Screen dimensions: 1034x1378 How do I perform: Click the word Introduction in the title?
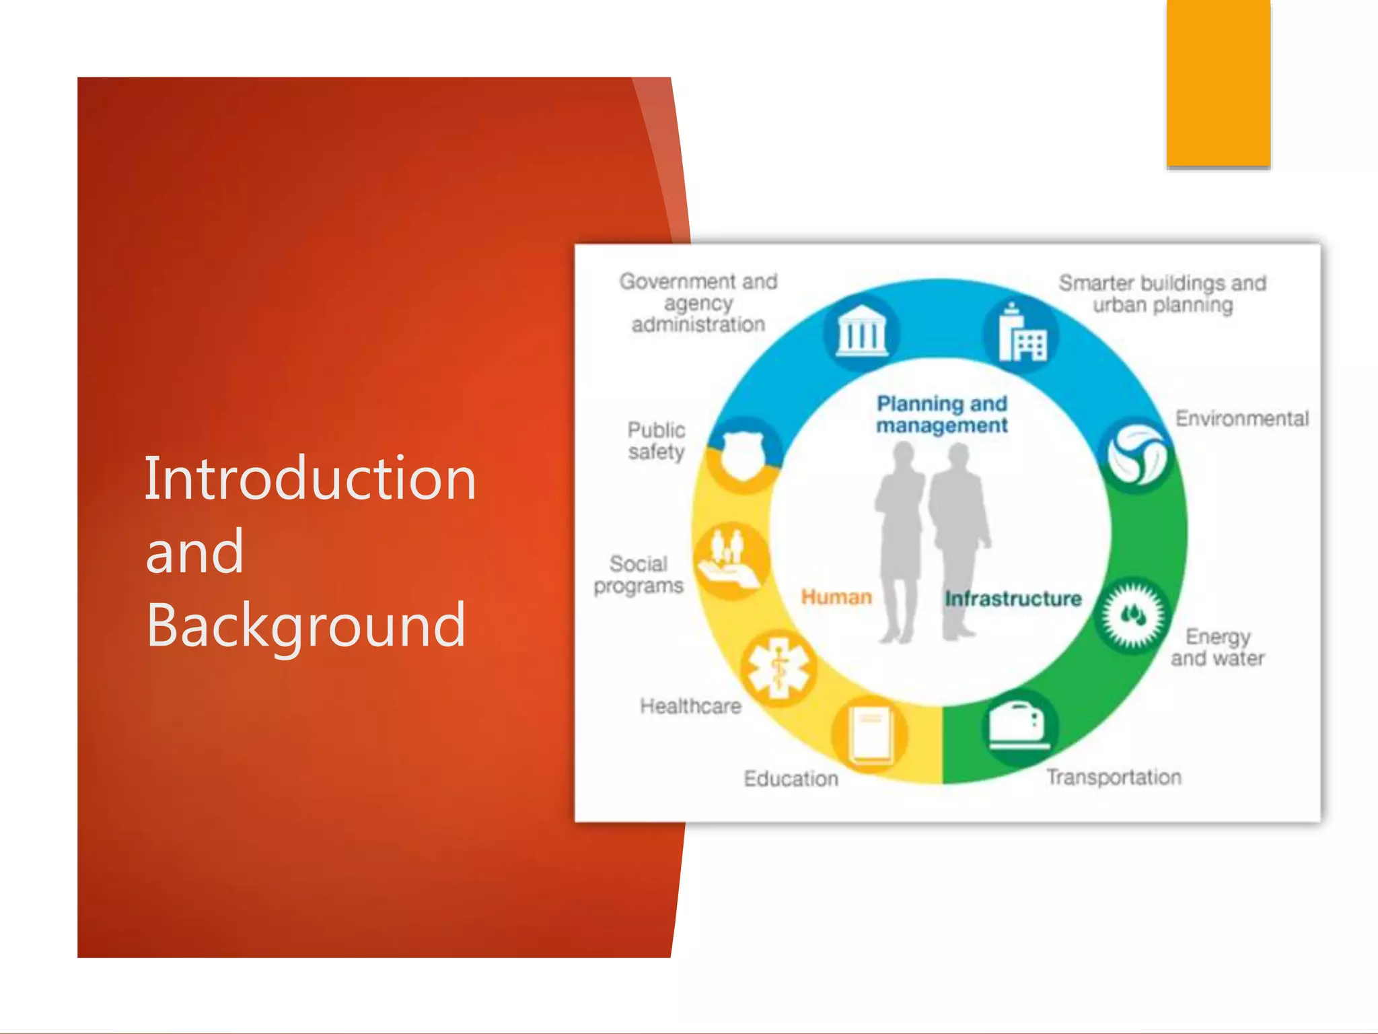pyautogui.click(x=310, y=479)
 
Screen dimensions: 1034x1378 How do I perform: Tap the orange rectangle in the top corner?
pyautogui.click(x=1218, y=82)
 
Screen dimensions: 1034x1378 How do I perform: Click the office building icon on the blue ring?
pyautogui.click(x=1021, y=333)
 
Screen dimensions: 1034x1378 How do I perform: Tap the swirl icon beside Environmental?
pyautogui.click(x=1136, y=456)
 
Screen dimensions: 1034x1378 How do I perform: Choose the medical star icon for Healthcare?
pyautogui.click(x=778, y=668)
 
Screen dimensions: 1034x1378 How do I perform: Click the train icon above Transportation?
pyautogui.click(x=1017, y=726)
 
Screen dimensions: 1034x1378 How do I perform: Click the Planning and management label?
pyautogui.click(x=942, y=414)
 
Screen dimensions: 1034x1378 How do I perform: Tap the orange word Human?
pyautogui.click(x=836, y=597)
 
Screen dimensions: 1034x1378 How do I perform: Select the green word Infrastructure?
pyautogui.click(x=1013, y=598)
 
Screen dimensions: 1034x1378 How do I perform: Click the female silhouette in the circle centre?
pyautogui.click(x=900, y=539)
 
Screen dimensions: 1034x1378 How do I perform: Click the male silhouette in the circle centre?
pyautogui.click(x=959, y=539)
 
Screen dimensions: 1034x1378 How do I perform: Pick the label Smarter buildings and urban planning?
pyautogui.click(x=1163, y=294)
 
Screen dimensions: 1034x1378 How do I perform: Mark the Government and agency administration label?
pyautogui.click(x=698, y=302)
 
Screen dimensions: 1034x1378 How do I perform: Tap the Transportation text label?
pyautogui.click(x=1114, y=778)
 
